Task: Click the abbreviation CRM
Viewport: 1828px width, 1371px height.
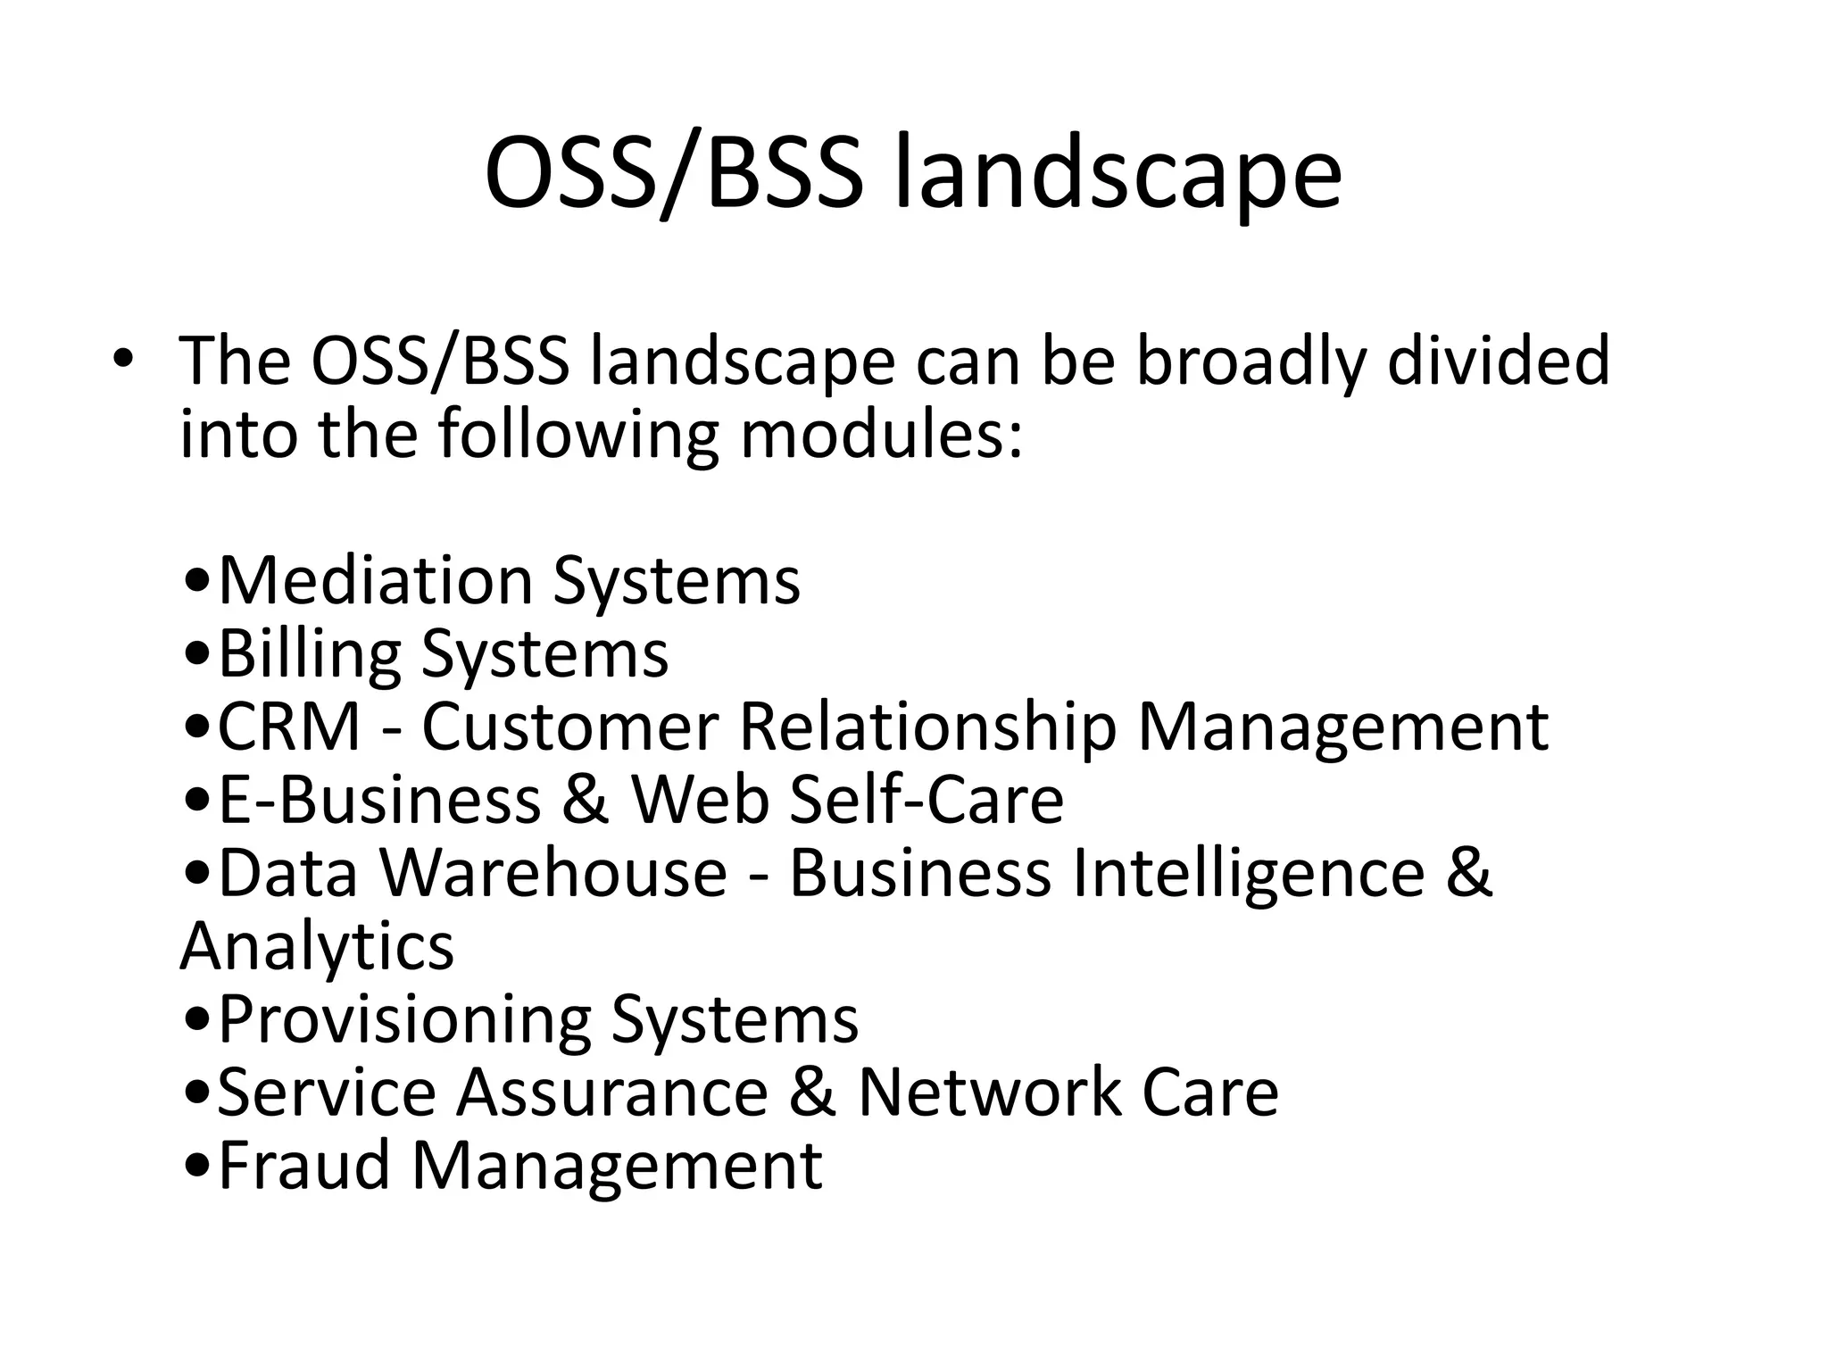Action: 289,727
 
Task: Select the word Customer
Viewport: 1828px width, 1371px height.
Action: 569,727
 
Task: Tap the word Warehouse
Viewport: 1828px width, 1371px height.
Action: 554,873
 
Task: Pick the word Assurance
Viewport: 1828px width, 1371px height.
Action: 612,1093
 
